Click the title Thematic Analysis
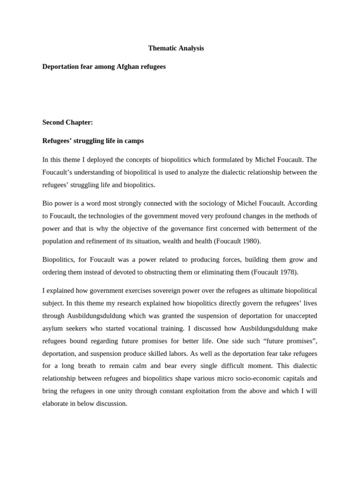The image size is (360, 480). coord(176,48)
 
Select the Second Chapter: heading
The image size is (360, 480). coord(67,122)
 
